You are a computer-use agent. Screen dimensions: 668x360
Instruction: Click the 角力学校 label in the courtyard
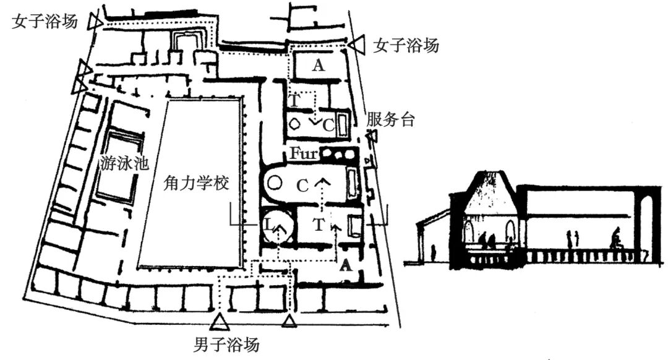coord(194,184)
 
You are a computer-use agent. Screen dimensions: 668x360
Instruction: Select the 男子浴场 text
coord(225,344)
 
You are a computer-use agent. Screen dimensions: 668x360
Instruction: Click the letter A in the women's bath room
coord(318,66)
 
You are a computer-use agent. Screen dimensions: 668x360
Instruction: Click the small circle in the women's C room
coord(296,123)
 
